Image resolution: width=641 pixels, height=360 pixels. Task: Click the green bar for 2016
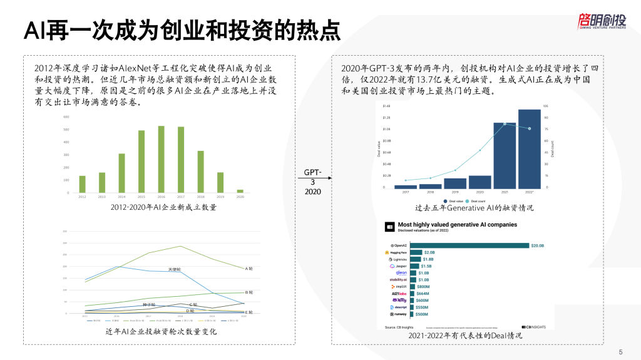tap(161, 159)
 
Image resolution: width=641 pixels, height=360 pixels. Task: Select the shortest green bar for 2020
tap(240, 191)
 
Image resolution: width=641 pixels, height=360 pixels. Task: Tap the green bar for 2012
tap(82, 184)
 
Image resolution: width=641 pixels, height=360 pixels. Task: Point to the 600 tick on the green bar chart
tap(65, 117)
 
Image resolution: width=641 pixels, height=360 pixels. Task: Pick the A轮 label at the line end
tap(249, 269)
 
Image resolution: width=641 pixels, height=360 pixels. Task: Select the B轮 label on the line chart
tap(249, 292)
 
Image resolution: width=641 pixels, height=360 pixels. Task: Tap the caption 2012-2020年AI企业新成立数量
tap(163, 207)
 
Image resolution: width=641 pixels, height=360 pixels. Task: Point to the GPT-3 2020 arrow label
tap(312, 182)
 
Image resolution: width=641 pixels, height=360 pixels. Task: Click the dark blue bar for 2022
tap(529, 149)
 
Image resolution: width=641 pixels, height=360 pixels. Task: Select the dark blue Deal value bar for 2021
tap(505, 155)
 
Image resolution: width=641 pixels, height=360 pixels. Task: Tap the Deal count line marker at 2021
tap(505, 124)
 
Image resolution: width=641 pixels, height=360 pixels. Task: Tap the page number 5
tap(620, 351)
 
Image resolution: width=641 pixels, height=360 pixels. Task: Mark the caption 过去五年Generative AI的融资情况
tap(464, 208)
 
